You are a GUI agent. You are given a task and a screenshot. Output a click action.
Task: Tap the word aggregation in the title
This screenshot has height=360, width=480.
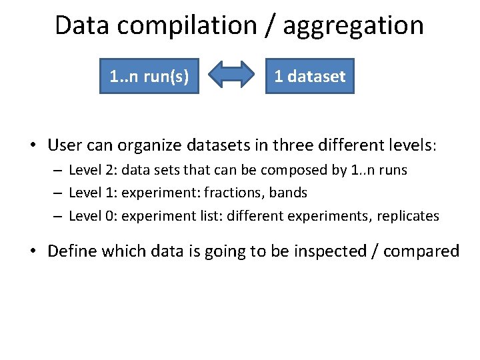coord(353,25)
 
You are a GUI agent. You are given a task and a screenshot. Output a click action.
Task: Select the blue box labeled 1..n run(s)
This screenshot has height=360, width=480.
coord(149,77)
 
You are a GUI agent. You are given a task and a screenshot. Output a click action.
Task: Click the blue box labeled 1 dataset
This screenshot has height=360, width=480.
coord(310,77)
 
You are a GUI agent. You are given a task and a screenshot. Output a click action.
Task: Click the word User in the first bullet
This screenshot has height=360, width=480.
coord(65,145)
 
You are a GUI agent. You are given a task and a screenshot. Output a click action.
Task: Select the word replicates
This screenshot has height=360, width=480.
coord(407,215)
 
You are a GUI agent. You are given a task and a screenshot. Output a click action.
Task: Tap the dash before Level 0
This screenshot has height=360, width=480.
coord(59,216)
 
